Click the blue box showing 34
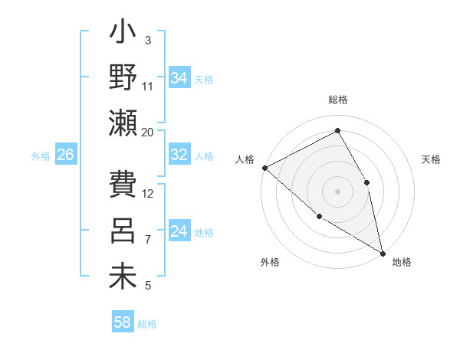pos(179,78)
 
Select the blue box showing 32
pos(179,155)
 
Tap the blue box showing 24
pos(179,231)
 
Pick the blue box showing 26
pos(65,155)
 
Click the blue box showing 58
pos(123,322)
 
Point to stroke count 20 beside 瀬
pos(148,132)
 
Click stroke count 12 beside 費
pos(148,193)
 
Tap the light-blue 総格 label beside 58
pos(148,324)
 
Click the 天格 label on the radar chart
pos(431,159)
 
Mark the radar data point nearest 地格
pos(383,252)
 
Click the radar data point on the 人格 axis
pos(264,167)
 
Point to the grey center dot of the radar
pos(337,191)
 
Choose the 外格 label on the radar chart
pos(270,262)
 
